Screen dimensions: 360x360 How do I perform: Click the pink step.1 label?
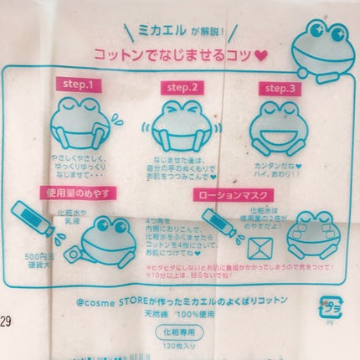(79, 85)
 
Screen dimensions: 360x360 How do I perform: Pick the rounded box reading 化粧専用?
(181, 329)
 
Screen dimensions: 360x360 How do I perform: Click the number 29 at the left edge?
(7, 322)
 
